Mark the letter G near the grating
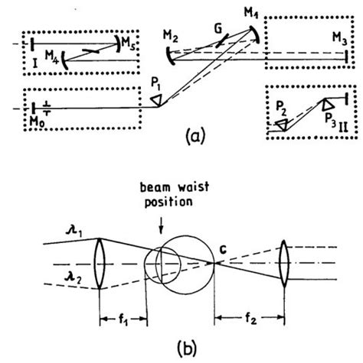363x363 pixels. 221,28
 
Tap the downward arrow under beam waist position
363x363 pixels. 170,222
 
